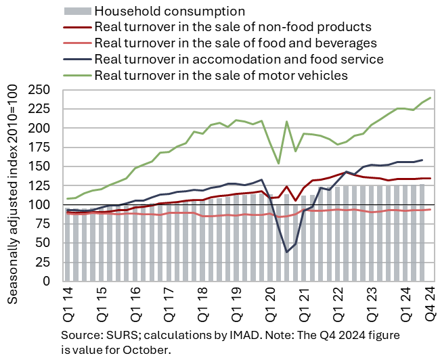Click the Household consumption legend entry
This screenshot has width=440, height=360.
[x=169, y=11]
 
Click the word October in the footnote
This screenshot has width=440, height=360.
[x=148, y=350]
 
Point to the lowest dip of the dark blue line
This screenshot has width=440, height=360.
[x=287, y=252]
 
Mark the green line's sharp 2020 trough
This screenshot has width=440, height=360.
[x=278, y=163]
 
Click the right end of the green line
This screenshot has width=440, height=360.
[x=430, y=98]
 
